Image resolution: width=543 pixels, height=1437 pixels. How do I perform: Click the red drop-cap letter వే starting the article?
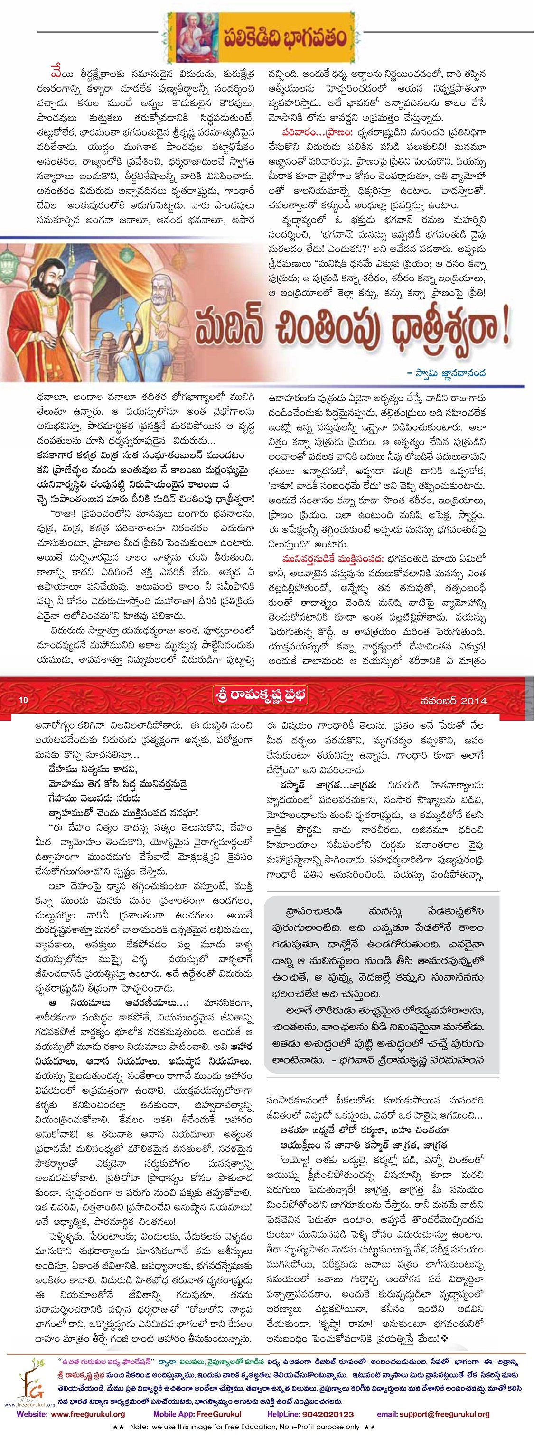(x=56, y=74)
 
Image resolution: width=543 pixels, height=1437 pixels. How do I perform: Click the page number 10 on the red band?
(x=23, y=700)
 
